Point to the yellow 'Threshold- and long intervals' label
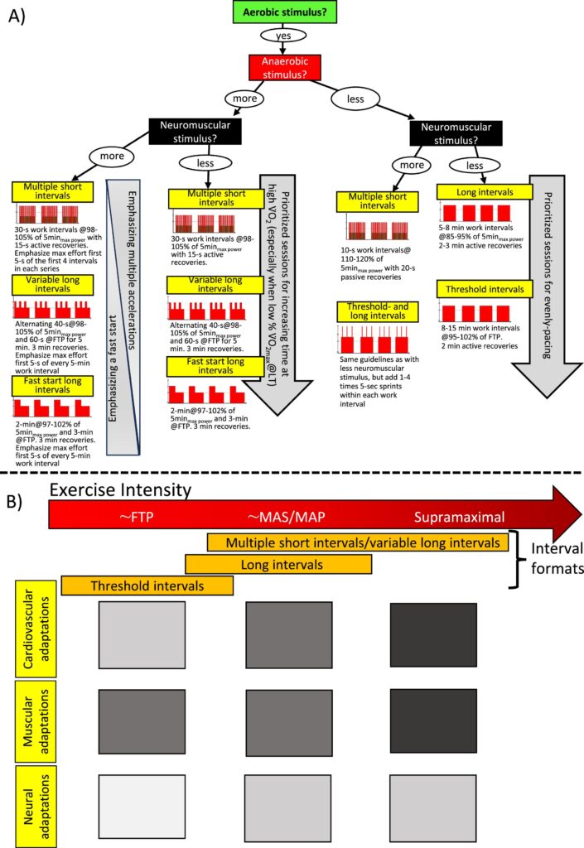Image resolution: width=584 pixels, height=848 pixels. pyautogui.click(x=377, y=288)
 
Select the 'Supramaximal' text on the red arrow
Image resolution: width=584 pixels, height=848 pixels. pyautogui.click(x=460, y=518)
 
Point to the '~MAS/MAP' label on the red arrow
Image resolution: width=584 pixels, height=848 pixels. pyautogui.click(x=286, y=518)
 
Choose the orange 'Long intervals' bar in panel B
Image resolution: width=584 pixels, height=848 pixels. pyautogui.click(x=278, y=564)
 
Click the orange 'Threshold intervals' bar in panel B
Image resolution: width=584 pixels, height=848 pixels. pyautogui.click(x=147, y=585)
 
